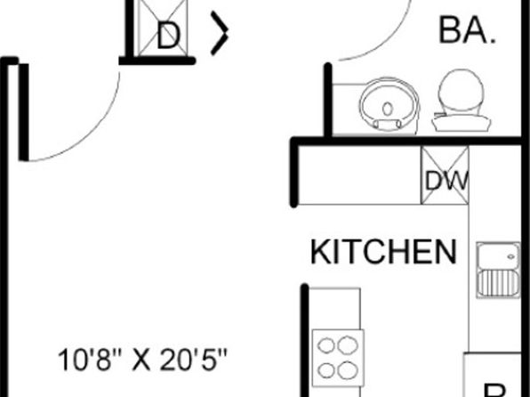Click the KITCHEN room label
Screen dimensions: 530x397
(x=383, y=252)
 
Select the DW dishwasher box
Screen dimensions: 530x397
(x=445, y=175)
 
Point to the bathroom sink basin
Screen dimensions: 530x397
(x=389, y=105)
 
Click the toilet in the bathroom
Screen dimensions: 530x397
(x=461, y=101)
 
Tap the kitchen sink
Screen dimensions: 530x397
(x=498, y=270)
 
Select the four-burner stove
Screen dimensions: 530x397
(x=338, y=358)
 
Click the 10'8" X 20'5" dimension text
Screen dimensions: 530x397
(x=142, y=361)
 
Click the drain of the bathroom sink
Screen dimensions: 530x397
(x=388, y=109)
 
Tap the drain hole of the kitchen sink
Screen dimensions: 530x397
(x=511, y=257)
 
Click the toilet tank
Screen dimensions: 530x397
(x=462, y=123)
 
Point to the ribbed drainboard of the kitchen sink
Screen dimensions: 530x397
(x=499, y=283)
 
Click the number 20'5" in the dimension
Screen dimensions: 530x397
(x=193, y=361)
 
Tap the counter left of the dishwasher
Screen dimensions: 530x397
(x=359, y=175)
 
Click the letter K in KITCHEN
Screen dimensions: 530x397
(x=319, y=252)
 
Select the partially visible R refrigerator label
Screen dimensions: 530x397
(x=494, y=391)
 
